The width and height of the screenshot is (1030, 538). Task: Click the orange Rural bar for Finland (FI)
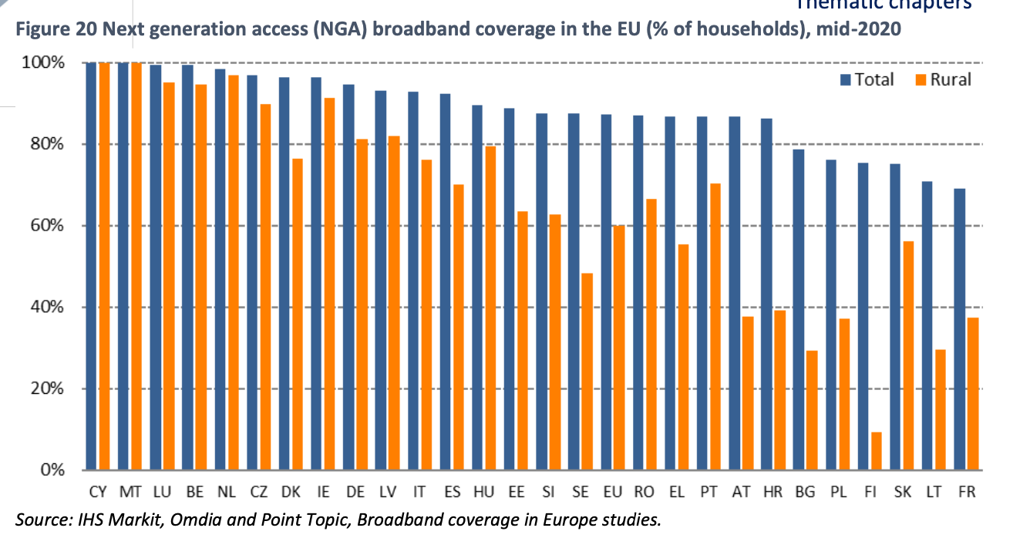876,451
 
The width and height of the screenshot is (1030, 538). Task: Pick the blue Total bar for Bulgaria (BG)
799,309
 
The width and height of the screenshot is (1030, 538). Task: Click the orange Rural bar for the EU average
618,348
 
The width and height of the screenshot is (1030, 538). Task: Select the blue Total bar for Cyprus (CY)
91,266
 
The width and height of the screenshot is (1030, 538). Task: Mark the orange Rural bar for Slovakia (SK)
908,355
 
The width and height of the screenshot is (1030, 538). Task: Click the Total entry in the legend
867,79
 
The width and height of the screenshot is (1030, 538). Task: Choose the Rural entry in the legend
942,79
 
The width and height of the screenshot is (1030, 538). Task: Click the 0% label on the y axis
52,469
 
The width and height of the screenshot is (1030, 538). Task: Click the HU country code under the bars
483,492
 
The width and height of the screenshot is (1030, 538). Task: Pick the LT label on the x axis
934,492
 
